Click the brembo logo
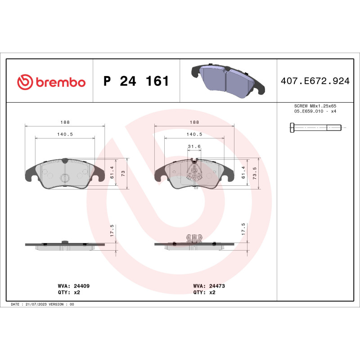pos(51,82)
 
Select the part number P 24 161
pos(136,81)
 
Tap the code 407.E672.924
pos(315,81)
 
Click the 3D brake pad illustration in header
pos(227,80)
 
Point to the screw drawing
pos(315,128)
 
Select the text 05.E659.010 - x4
pos(315,111)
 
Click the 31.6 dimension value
pos(194,146)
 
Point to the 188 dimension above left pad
pos(65,122)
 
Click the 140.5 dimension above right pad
pos(194,134)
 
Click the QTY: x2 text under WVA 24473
pos(204,292)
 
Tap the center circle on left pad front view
pos(65,178)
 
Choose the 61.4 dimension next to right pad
pos(243,172)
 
